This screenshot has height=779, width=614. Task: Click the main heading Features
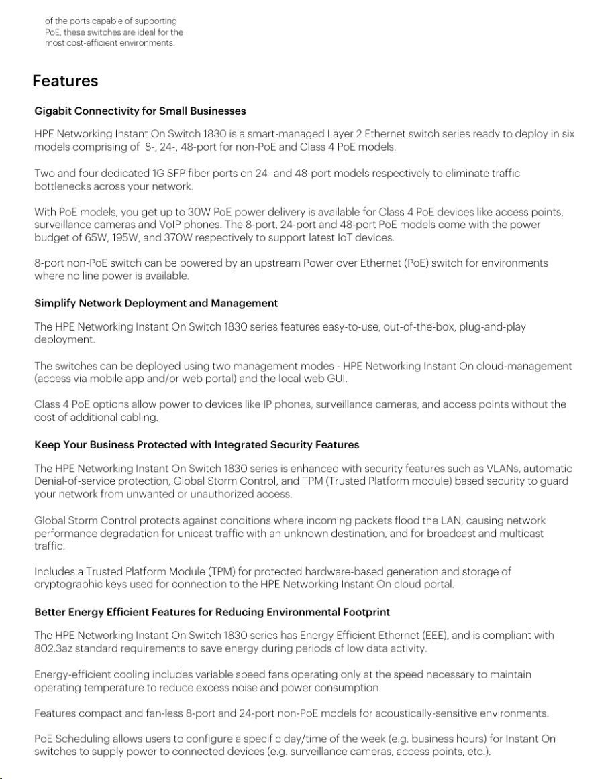(x=65, y=81)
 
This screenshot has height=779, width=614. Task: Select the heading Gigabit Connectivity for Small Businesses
(x=140, y=111)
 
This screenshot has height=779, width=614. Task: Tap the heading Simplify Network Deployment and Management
(x=156, y=303)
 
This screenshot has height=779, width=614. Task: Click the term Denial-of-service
(x=74, y=481)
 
